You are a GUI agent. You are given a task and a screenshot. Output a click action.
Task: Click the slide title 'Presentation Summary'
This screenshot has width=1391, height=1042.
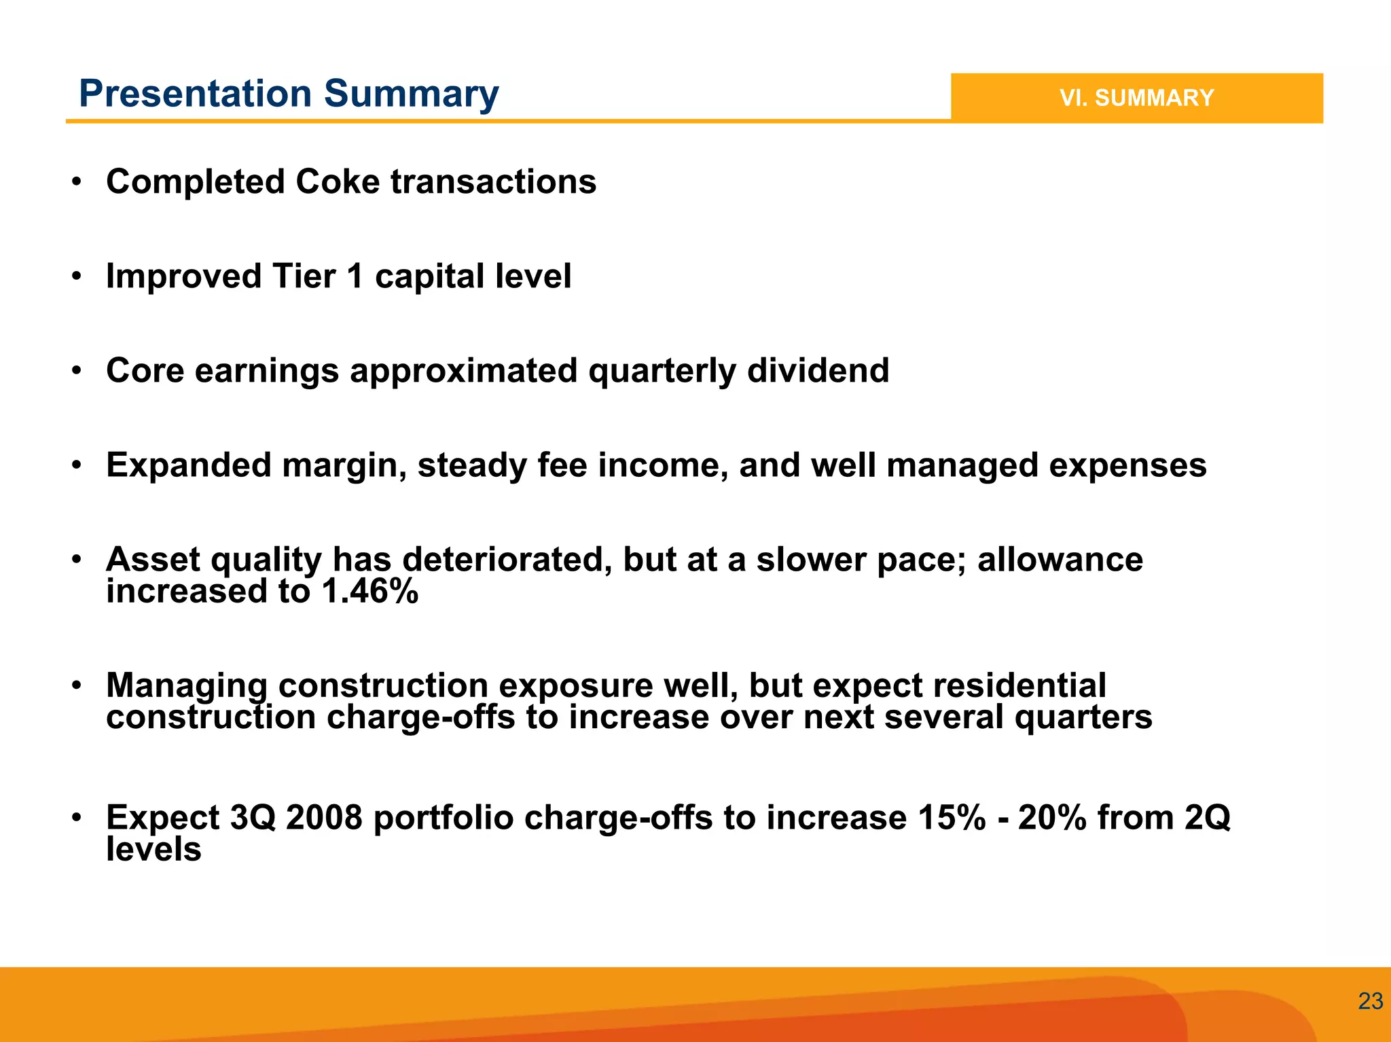[289, 94]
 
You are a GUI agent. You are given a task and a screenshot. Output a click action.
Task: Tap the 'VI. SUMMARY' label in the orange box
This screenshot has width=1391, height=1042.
[1136, 98]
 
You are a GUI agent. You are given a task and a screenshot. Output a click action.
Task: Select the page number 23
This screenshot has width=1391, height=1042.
[1370, 1001]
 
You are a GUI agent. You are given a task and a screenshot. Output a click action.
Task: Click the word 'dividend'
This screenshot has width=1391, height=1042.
[818, 371]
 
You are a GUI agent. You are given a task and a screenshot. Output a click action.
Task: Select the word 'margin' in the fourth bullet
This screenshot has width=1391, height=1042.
[344, 466]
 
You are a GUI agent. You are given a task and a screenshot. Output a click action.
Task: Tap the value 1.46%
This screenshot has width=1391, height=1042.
[369, 591]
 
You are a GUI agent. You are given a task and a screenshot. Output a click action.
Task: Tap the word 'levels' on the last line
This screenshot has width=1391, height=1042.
[153, 849]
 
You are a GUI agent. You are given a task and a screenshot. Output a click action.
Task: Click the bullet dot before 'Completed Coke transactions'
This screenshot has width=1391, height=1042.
[77, 182]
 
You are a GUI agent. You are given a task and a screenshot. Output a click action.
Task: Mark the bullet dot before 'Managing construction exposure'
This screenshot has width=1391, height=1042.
[77, 685]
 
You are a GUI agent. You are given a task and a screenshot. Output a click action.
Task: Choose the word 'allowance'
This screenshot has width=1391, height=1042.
[1060, 560]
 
